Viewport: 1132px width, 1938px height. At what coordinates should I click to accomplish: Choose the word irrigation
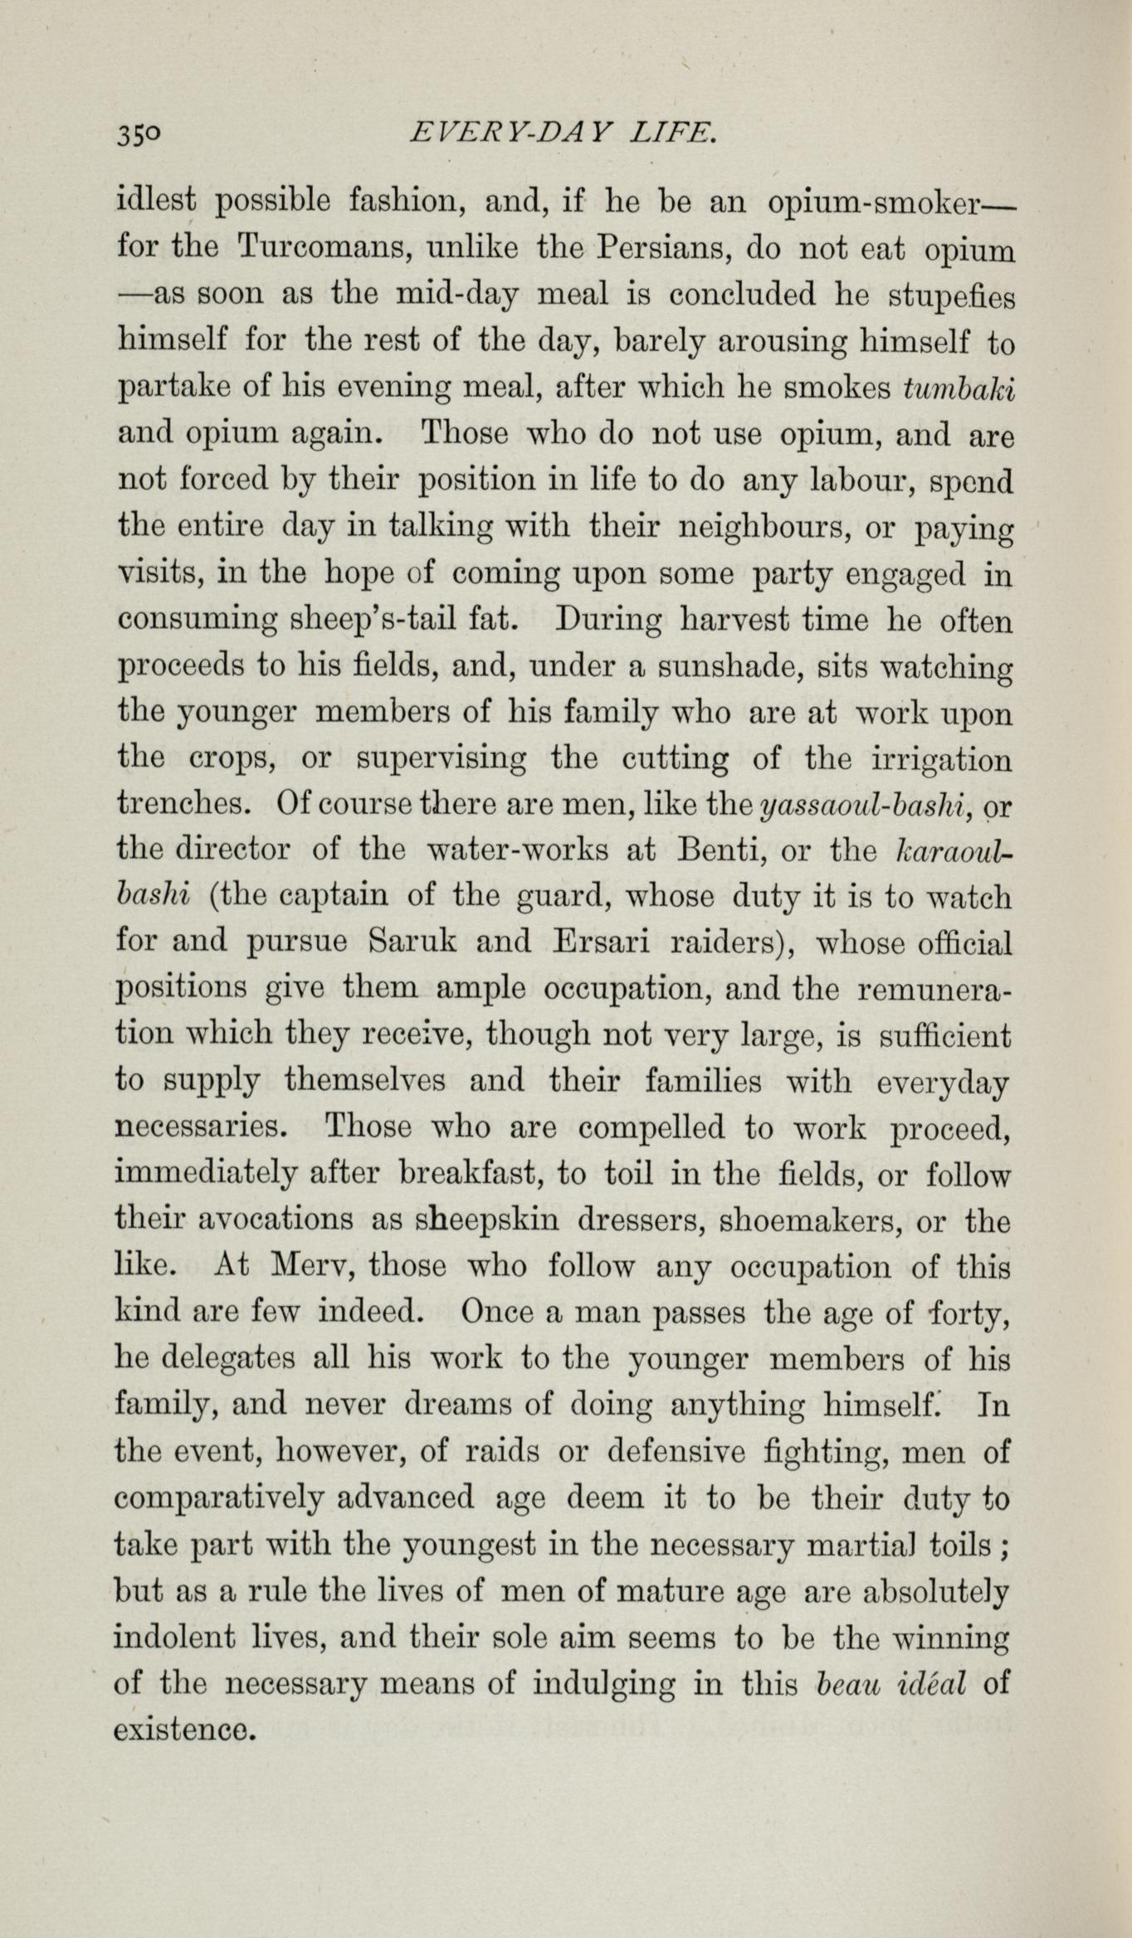[x=932, y=759]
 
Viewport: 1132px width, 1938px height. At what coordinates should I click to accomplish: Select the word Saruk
[x=412, y=944]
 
